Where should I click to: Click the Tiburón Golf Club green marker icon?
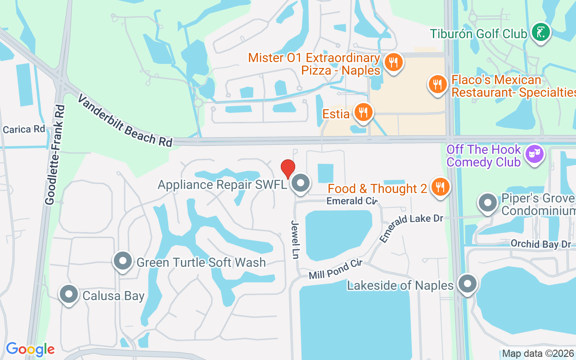(x=540, y=32)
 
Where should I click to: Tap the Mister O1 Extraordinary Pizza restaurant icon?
(x=394, y=63)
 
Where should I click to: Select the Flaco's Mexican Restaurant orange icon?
(x=437, y=84)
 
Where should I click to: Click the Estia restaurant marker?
(x=363, y=112)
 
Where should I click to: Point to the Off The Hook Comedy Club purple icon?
(x=535, y=154)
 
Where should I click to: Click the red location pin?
(x=288, y=169)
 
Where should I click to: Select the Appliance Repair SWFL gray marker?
(x=300, y=183)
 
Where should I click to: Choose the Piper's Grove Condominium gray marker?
(x=488, y=203)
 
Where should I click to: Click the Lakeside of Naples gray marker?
(x=468, y=284)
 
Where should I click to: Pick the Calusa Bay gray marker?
(x=69, y=294)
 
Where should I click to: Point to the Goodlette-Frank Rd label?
(x=54, y=155)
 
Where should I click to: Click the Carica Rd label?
(x=24, y=129)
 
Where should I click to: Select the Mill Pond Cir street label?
(x=336, y=269)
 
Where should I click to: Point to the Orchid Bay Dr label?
(x=540, y=244)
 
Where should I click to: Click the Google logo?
(x=30, y=349)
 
